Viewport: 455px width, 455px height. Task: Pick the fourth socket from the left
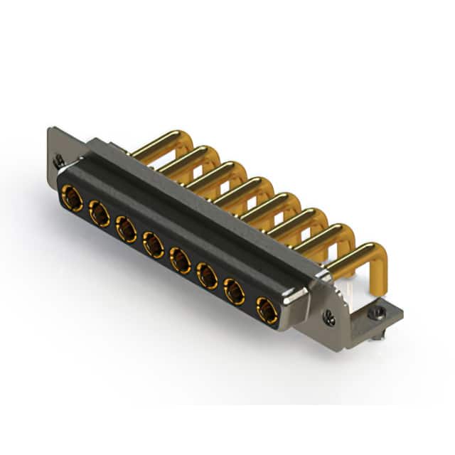click(153, 245)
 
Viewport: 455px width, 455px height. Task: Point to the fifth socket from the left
click(180, 260)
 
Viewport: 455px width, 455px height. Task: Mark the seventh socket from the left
click(234, 291)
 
